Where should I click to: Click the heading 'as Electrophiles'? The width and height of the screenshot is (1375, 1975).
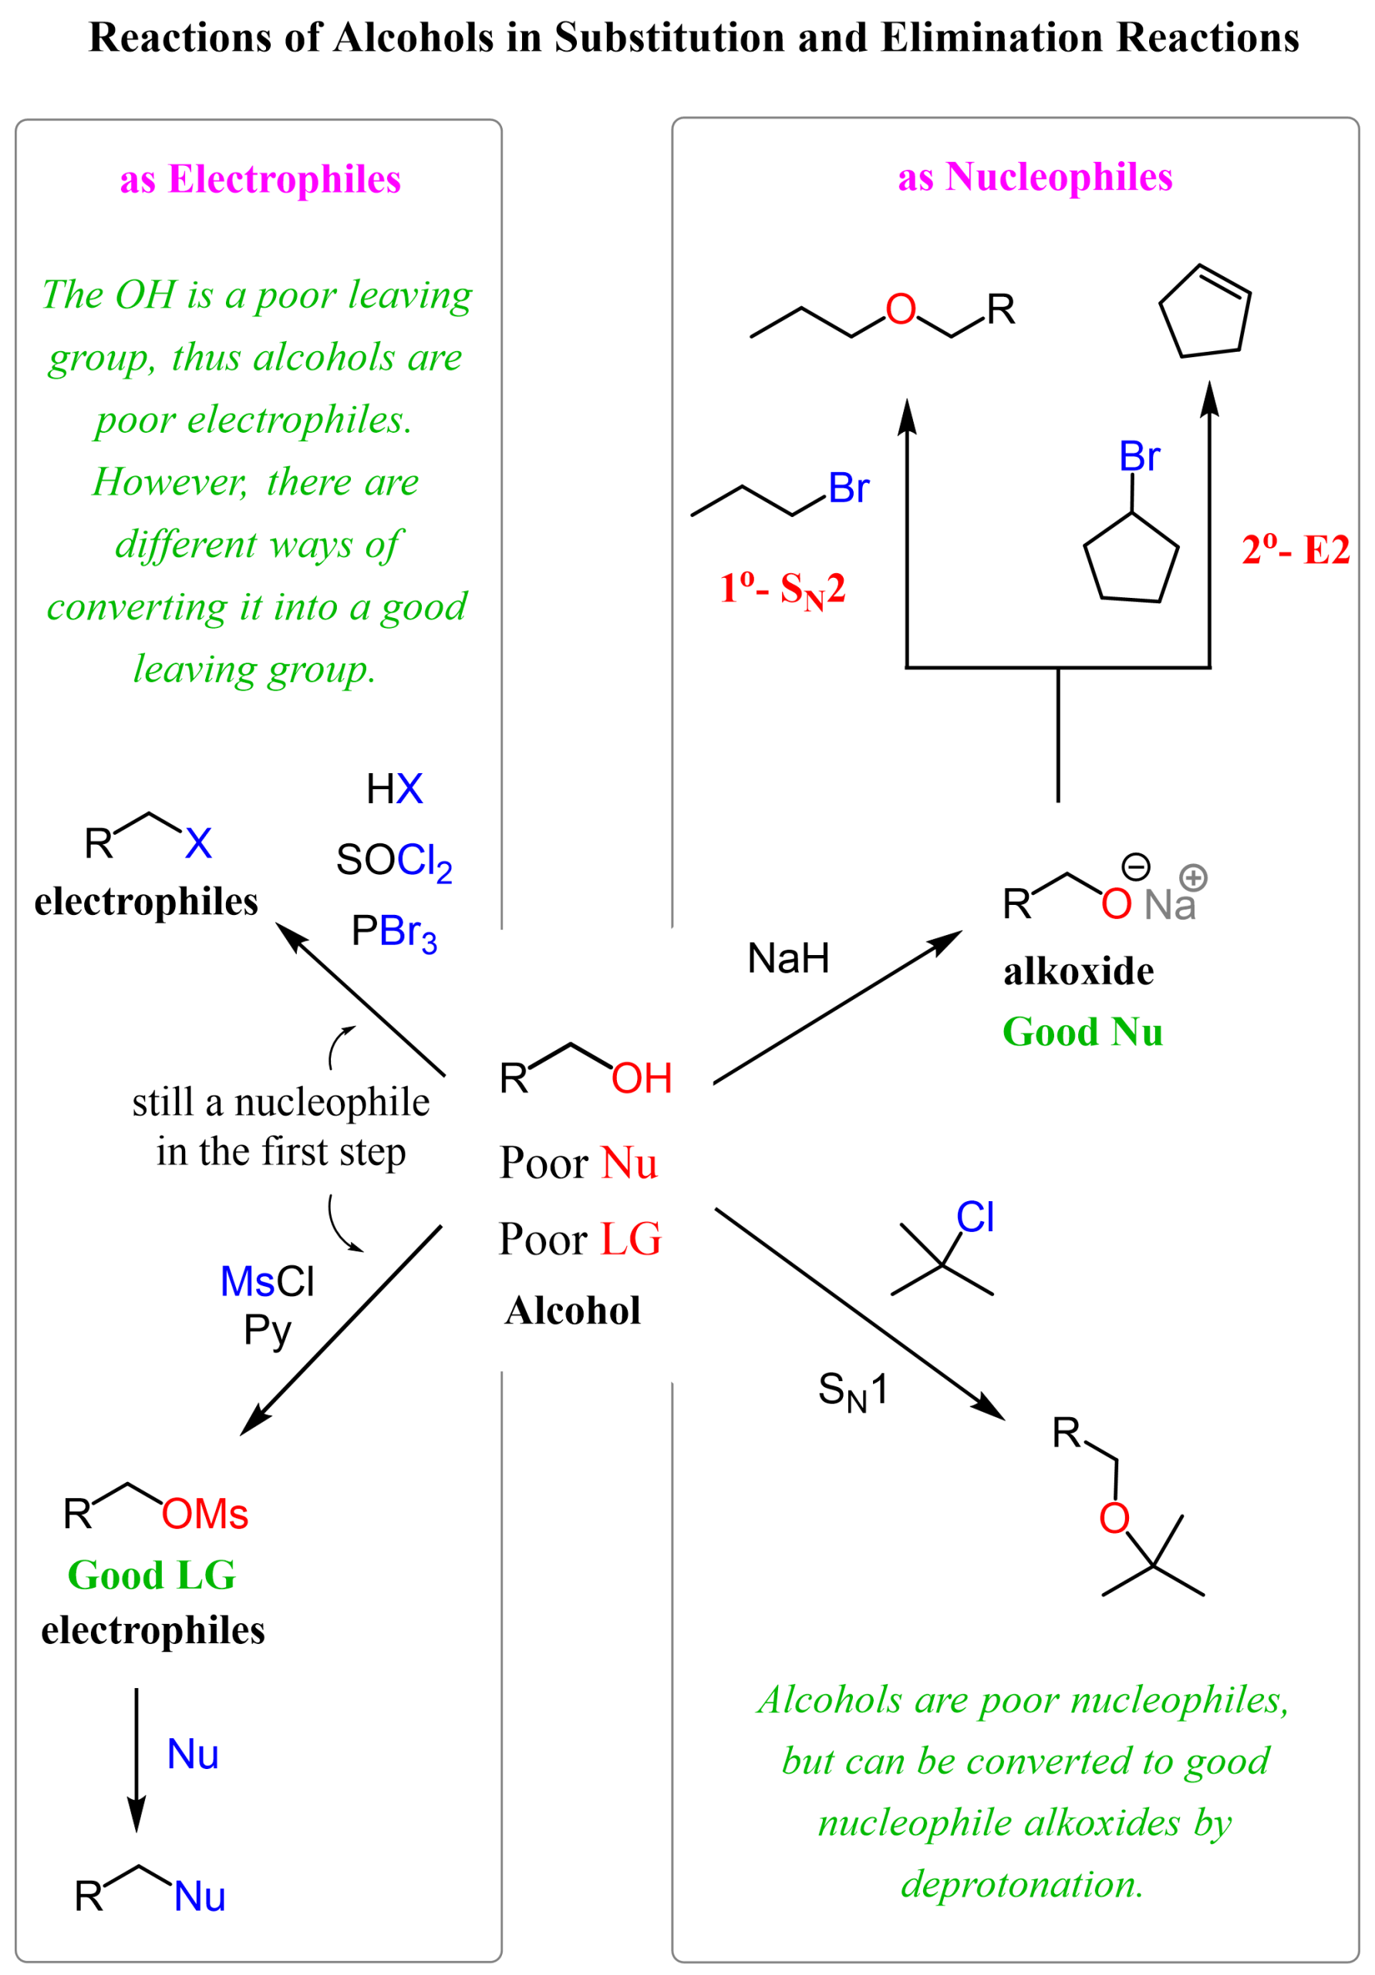click(260, 179)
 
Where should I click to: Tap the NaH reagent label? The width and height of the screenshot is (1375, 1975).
click(787, 957)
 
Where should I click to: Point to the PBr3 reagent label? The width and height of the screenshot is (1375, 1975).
click(393, 932)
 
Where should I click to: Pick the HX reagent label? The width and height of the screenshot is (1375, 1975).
click(394, 788)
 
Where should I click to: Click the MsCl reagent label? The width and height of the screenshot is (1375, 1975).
click(267, 1281)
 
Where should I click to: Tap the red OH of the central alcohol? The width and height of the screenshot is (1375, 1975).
click(642, 1078)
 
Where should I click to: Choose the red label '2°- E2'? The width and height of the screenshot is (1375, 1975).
click(1295, 549)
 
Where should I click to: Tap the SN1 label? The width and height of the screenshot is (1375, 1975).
click(851, 1390)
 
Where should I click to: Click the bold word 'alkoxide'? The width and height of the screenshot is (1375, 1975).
click(1078, 971)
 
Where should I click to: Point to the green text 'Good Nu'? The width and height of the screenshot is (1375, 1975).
click(1082, 1031)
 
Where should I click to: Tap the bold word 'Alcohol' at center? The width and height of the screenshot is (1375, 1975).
click(573, 1311)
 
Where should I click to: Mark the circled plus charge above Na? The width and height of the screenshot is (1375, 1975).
click(1193, 877)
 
